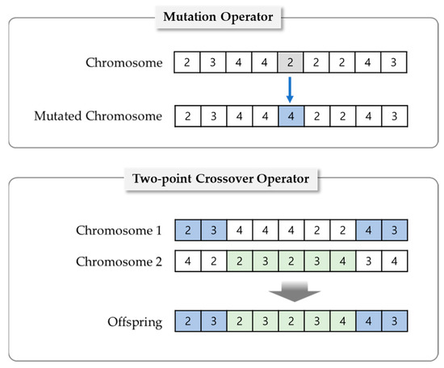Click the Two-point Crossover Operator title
tap(222, 179)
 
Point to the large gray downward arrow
tap(291, 295)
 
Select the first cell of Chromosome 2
tap(187, 261)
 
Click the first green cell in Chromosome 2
tap(239, 261)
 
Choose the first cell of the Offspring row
tap(187, 323)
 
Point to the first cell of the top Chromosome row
tap(187, 62)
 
